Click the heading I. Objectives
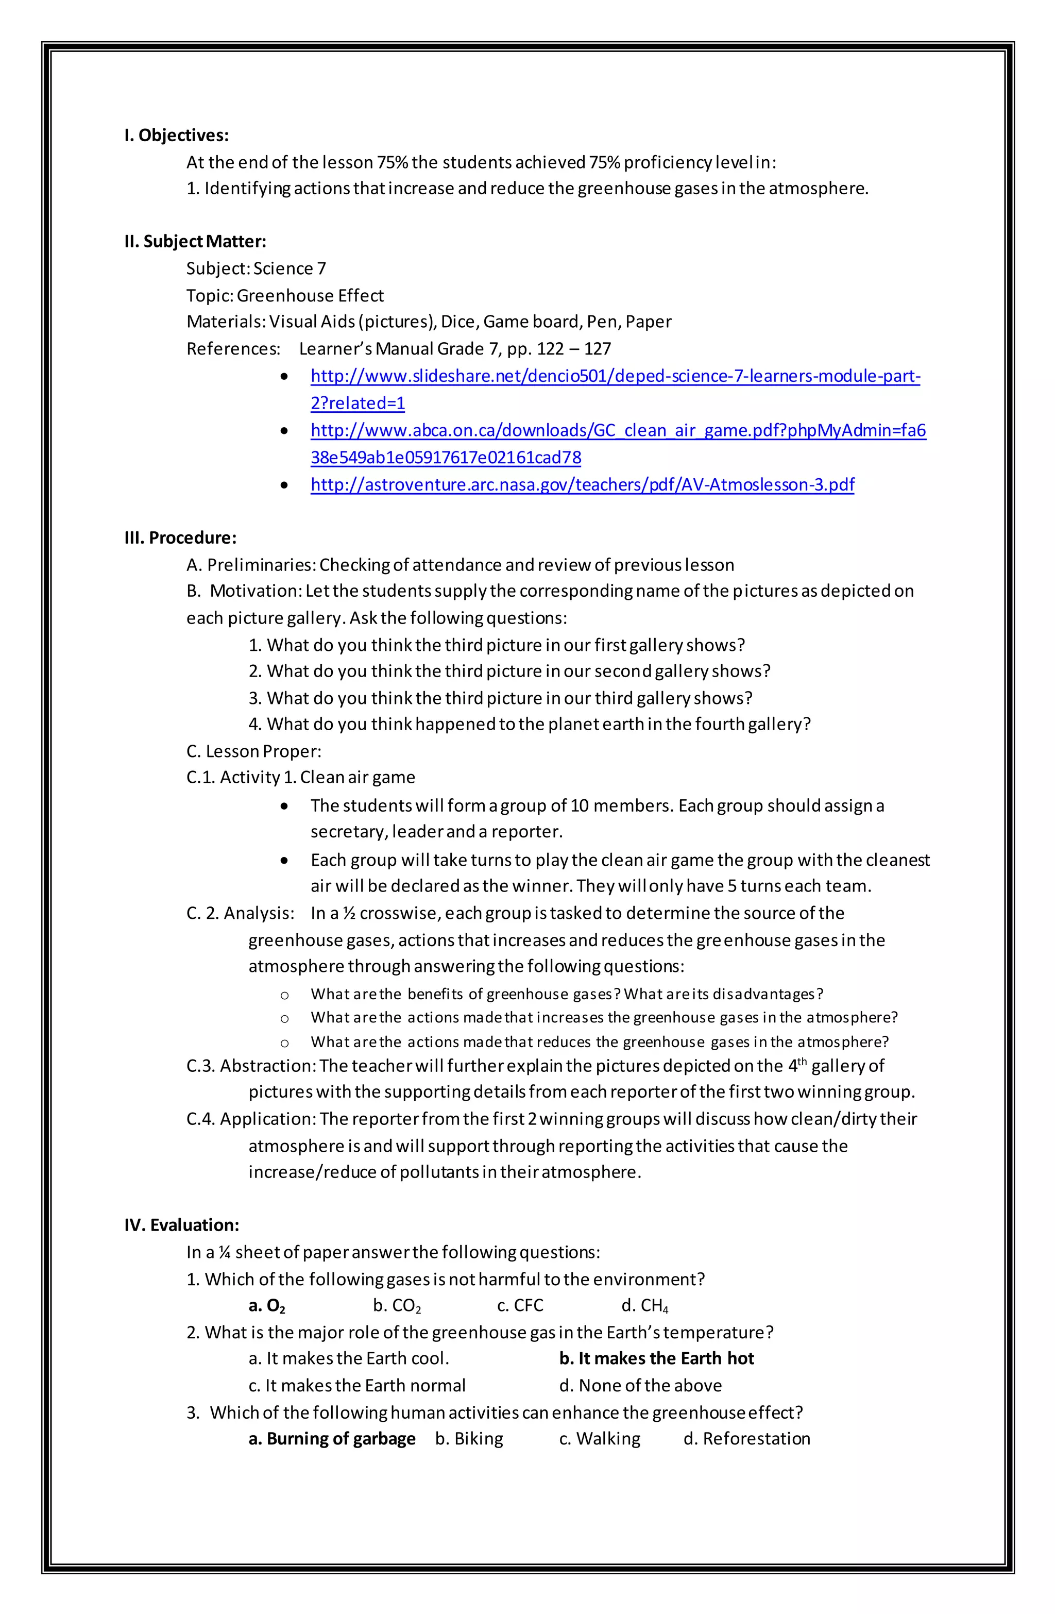point(176,136)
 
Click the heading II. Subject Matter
point(195,241)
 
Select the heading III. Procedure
point(180,538)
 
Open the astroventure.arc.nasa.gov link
point(582,484)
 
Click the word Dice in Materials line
point(457,322)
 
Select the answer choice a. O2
point(266,1305)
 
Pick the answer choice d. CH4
point(645,1305)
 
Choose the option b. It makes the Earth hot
point(656,1358)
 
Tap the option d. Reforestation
point(746,1438)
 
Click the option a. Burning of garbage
point(332,1438)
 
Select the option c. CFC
point(520,1305)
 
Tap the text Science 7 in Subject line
point(290,268)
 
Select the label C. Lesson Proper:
point(253,751)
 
